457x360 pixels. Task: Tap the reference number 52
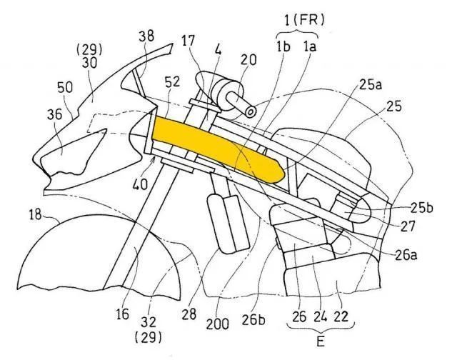pos(172,82)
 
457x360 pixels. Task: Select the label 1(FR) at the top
pos(304,20)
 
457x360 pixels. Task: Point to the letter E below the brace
pos(321,341)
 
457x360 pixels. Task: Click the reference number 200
pos(217,324)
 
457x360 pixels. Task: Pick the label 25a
pos(370,85)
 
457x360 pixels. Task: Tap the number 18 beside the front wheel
pos(35,215)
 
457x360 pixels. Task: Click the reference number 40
pos(140,184)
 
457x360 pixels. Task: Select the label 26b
pos(253,320)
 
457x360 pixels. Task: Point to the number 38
pos(146,36)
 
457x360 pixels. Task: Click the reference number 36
pos(55,114)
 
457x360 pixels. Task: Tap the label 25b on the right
pos(422,208)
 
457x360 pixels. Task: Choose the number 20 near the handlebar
pos(248,60)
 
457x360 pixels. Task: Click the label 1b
pos(283,46)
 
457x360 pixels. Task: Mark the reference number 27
pos(408,226)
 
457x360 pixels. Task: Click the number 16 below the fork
pos(122,314)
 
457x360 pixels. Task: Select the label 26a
pos(406,255)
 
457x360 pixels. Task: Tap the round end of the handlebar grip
pos(251,112)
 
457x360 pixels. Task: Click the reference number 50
pos(65,87)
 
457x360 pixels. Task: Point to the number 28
pos(189,314)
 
